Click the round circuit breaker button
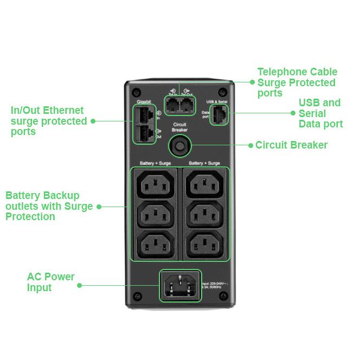click(179, 145)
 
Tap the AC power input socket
click(179, 285)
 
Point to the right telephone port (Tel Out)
click(187, 105)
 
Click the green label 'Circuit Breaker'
click(291, 145)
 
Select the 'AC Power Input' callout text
click(50, 282)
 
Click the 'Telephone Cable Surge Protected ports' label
click(297, 82)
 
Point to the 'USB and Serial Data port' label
click(320, 113)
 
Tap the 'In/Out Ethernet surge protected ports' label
click(48, 121)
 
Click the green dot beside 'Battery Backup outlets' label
click(98, 206)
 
